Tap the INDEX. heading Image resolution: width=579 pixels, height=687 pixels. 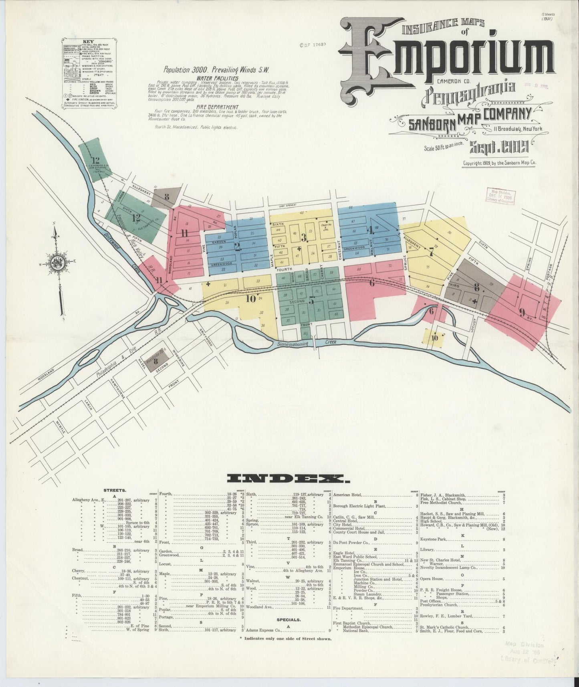pyautogui.click(x=288, y=478)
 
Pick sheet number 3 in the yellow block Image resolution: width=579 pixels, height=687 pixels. pyautogui.click(x=304, y=238)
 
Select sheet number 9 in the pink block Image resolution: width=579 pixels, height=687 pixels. pyautogui.click(x=522, y=313)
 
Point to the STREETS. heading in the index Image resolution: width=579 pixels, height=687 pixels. pyautogui.click(x=115, y=490)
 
